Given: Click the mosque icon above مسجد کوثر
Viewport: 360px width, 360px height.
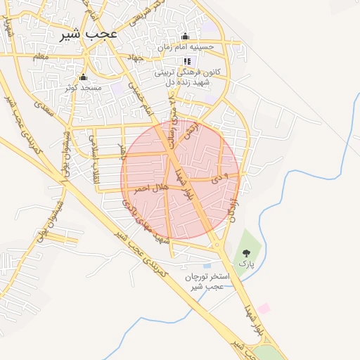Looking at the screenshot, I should [84, 77].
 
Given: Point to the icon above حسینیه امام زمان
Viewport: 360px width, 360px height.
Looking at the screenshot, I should [186, 37].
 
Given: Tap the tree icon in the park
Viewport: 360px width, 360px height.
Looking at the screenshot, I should [246, 252].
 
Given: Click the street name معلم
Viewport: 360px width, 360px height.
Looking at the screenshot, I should [40, 55].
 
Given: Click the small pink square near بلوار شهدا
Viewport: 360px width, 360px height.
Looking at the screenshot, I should [264, 308].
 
